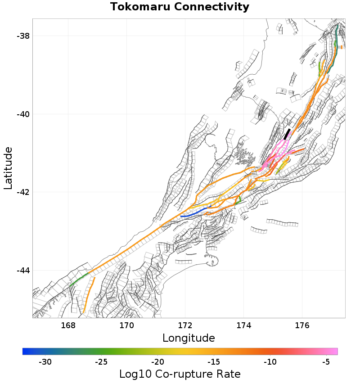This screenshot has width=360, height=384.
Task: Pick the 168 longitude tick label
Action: (x=68, y=325)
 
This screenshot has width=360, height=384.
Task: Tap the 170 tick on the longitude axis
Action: (x=126, y=325)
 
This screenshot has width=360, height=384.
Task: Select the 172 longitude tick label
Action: (x=185, y=325)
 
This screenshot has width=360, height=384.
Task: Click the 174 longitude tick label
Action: (x=243, y=325)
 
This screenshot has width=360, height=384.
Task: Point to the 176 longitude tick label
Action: (x=302, y=325)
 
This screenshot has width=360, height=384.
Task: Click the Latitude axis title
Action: (x=8, y=167)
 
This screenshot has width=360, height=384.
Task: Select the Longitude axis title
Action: (x=189, y=338)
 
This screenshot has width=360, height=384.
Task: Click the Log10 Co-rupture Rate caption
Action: (x=180, y=374)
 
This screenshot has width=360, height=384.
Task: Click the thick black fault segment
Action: (x=287, y=134)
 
